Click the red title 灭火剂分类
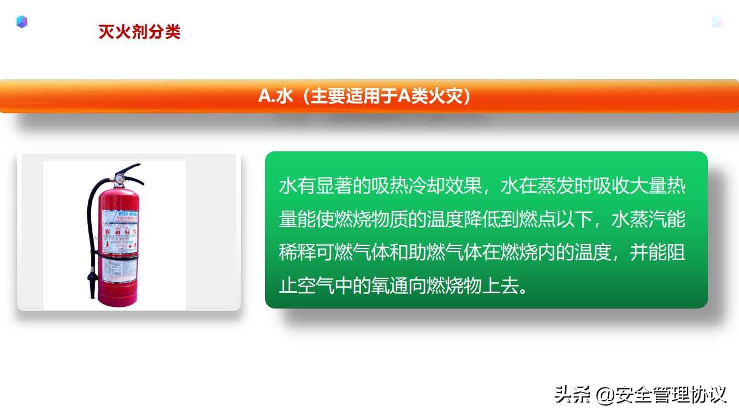click(139, 32)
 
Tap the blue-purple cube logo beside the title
click(22, 22)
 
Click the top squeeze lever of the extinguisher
click(129, 169)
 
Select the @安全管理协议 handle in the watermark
click(661, 395)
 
